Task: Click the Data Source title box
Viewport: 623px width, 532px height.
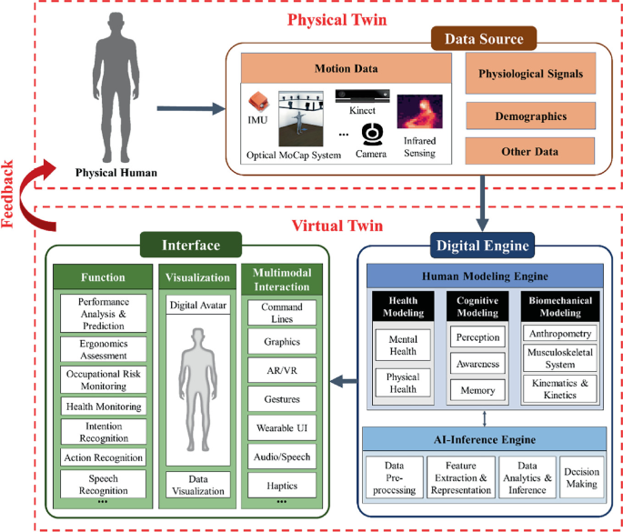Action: pos(483,39)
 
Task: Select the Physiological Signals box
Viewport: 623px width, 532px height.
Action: pos(530,75)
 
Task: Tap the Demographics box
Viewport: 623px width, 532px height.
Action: pos(530,116)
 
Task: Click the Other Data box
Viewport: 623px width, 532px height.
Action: pos(530,151)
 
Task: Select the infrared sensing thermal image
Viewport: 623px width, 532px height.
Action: pos(419,111)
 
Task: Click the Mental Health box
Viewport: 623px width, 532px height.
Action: pos(402,346)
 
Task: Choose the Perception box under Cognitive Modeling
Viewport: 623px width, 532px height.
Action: pos(478,337)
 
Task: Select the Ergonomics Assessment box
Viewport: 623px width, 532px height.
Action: pos(103,350)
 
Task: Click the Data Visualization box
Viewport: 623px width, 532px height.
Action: pos(197,484)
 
